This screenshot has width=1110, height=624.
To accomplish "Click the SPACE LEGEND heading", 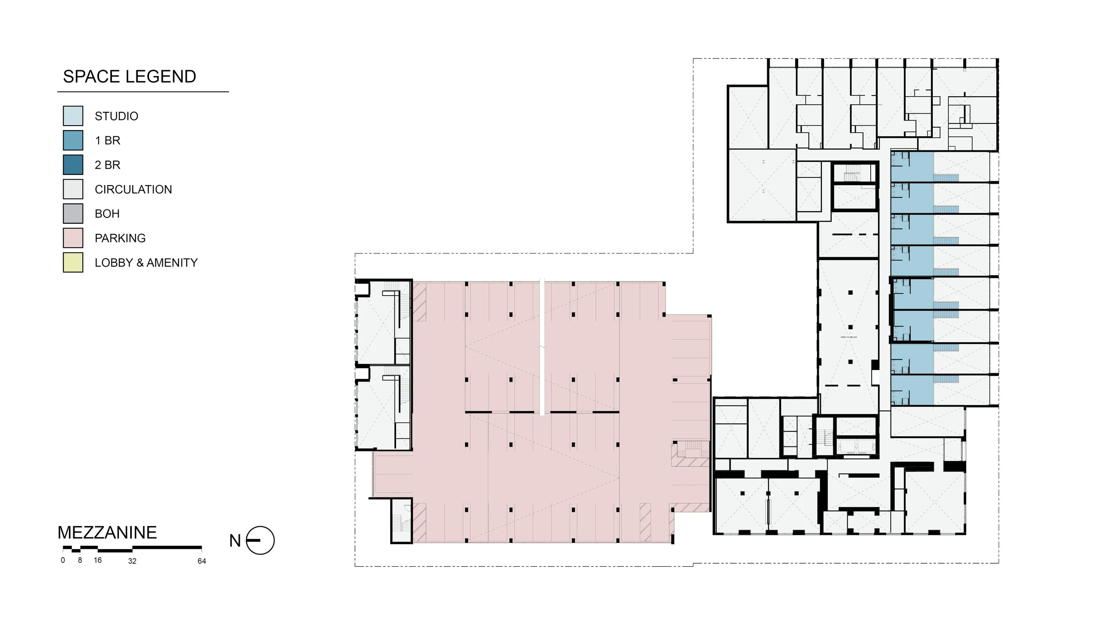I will coord(129,77).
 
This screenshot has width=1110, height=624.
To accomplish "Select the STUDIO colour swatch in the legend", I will coord(73,116).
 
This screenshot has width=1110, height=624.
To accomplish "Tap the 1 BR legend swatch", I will coord(73,140).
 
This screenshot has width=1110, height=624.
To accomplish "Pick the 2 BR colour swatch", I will coord(73,165).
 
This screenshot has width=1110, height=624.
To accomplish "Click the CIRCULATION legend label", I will coord(133,190).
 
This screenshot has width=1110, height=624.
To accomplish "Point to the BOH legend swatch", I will coord(73,213).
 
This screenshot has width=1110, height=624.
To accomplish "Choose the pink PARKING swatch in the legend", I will coord(73,238).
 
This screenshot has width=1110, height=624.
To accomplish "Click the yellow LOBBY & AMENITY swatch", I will coord(73,262).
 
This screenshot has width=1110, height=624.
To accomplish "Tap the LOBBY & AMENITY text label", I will coord(146,263).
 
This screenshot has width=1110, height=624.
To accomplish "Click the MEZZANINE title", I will coord(107,533).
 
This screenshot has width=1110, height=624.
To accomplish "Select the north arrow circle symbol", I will coord(260,540).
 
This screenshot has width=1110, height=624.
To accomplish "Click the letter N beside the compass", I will coord(235,541).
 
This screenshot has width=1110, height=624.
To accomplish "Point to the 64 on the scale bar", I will coord(202,561).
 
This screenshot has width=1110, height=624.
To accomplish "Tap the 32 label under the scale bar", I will coord(132,561).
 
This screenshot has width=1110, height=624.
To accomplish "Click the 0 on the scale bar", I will coord(63,561).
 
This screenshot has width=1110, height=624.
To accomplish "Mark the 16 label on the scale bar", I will coord(98,561).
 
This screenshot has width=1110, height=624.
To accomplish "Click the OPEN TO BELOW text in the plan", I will coord(848,337).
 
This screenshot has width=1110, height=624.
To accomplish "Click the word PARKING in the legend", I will coord(120,238).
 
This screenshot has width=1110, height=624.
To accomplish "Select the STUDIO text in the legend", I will coord(116,116).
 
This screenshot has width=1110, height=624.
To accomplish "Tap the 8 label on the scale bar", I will coord(80,561).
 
